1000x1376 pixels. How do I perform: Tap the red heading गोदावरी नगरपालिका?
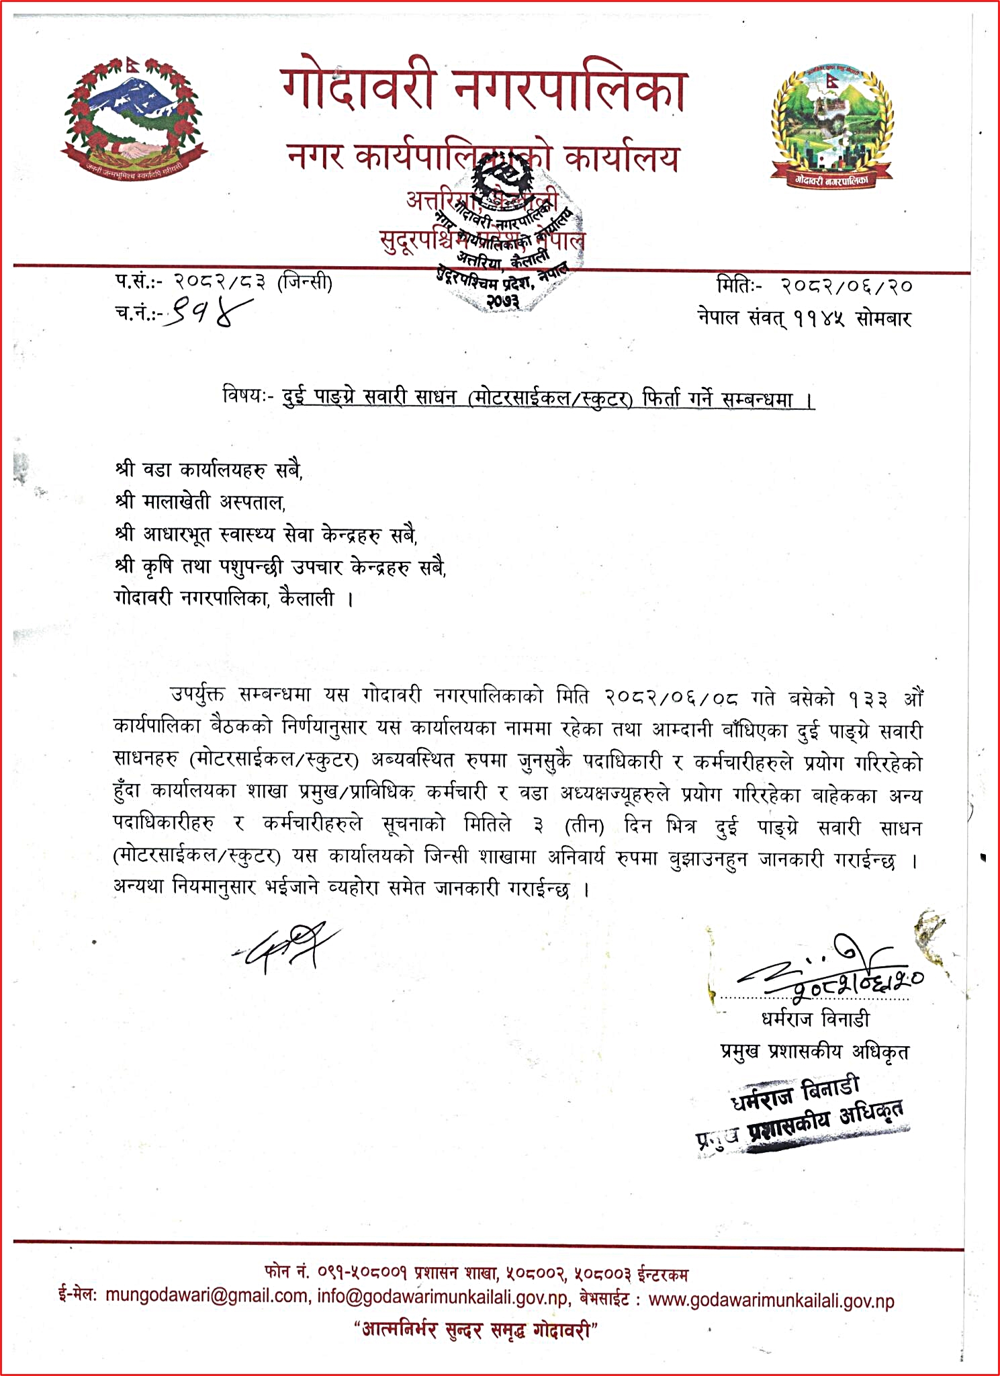pos(484,91)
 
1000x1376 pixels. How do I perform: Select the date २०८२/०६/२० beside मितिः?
pos(846,286)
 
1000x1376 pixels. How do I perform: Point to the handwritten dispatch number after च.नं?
pos(208,312)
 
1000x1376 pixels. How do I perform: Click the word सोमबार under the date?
pos(884,318)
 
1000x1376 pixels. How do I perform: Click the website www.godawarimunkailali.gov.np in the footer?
pos(772,1300)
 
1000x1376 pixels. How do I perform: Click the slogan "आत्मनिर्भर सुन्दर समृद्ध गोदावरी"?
pos(476,1329)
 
